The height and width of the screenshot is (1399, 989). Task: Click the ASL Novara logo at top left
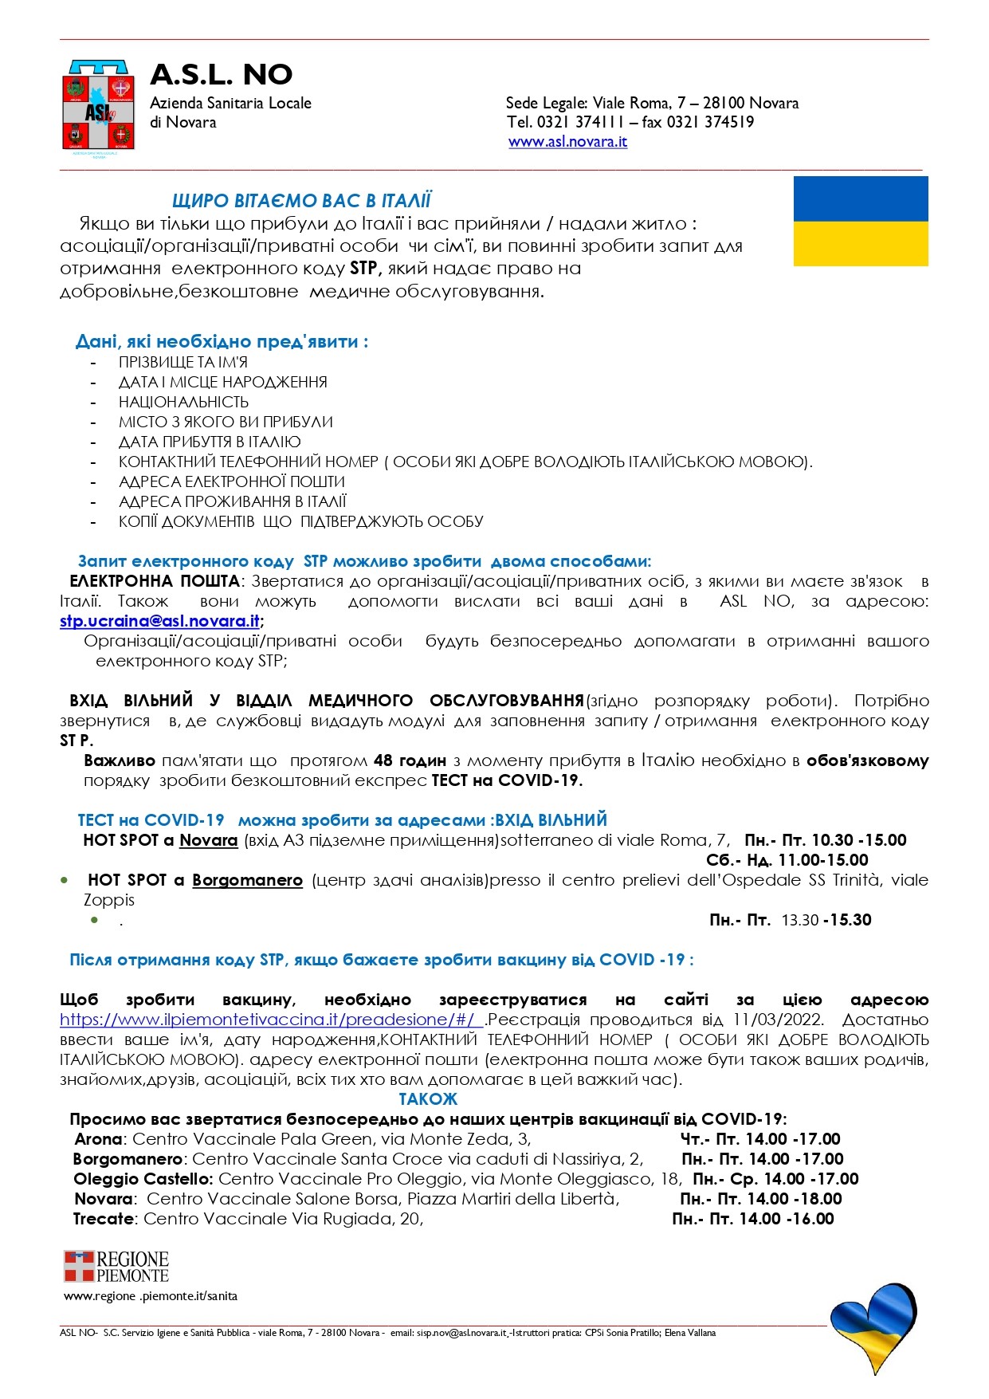pos(99,106)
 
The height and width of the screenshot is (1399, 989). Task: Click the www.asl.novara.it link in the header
pos(567,142)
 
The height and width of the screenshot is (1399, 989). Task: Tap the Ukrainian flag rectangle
pos(861,221)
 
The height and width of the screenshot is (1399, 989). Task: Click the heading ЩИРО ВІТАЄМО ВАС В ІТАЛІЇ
pos(301,201)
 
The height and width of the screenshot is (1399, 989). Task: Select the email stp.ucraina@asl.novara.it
pos(159,621)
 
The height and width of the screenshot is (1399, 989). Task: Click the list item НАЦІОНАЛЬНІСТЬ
pos(183,402)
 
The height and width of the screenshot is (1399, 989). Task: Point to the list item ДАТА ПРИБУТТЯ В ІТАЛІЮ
pos(210,442)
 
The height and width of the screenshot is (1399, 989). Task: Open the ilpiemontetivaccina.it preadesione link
pos(269,1020)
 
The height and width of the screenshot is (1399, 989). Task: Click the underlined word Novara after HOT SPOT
pos(209,840)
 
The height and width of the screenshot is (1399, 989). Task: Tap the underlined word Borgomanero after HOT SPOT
pos(247,880)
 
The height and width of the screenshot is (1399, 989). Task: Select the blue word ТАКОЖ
pos(428,1099)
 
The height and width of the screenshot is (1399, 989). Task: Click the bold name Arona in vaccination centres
pos(98,1139)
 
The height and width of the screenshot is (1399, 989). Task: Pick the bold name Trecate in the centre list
pos(104,1219)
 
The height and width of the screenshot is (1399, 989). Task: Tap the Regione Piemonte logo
pos(116,1266)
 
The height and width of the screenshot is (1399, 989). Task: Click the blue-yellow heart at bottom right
pos(873,1326)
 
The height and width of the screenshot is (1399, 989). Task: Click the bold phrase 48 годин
pos(409,760)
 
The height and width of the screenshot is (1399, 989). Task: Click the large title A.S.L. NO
pos(222,74)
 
